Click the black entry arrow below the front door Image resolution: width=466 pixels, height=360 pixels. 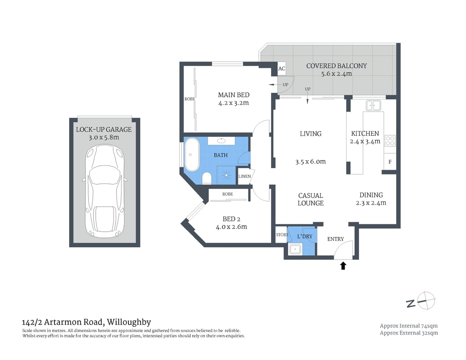point(343,266)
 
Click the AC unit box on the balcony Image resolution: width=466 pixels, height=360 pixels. point(282,69)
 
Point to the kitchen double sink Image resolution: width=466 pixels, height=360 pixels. point(373,105)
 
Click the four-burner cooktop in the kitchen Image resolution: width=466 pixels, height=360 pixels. point(390,141)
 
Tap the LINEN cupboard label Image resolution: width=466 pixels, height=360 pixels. point(244,176)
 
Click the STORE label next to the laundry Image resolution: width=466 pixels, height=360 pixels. point(282,235)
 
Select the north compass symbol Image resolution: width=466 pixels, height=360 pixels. point(421,301)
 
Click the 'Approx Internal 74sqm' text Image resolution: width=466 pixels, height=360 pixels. point(409,326)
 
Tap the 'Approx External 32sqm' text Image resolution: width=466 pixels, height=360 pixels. point(409,333)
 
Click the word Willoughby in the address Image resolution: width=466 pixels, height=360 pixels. point(129,322)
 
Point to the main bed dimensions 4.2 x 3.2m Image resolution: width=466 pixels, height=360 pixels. point(233,103)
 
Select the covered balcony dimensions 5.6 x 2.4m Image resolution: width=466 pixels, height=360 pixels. point(336,74)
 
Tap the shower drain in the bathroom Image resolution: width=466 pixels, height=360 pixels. point(227,175)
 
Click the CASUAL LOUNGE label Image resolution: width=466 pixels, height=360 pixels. point(310,199)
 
